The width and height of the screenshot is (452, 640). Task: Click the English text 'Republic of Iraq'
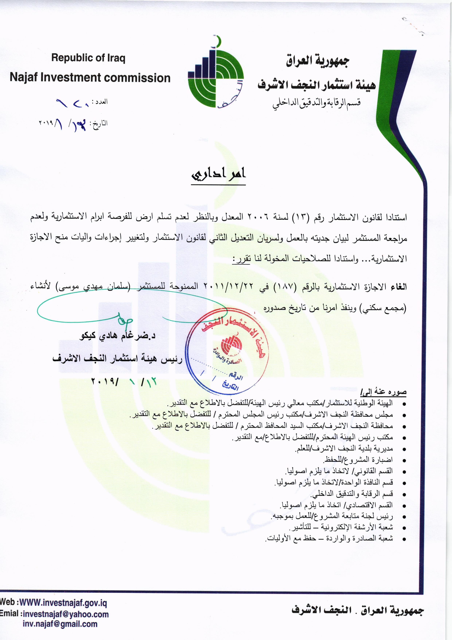(x=88, y=58)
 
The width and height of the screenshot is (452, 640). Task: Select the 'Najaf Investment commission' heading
(x=90, y=78)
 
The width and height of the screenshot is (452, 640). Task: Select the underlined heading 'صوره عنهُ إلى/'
(x=383, y=393)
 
